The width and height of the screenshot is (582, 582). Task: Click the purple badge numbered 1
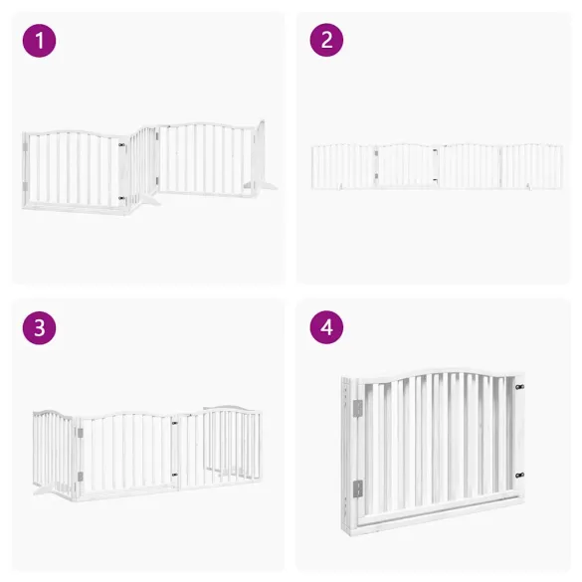39,41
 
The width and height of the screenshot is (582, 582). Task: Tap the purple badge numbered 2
326,41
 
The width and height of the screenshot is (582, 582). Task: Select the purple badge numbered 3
39,329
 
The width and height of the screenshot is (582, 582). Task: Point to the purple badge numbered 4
326,329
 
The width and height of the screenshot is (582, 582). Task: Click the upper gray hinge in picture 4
357,408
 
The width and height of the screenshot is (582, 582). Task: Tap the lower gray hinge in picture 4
357,488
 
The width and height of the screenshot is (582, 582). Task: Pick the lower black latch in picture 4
518,475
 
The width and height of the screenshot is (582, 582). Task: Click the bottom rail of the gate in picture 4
438,514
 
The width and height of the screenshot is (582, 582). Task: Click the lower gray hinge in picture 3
79,480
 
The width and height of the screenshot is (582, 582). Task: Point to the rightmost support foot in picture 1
265,184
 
